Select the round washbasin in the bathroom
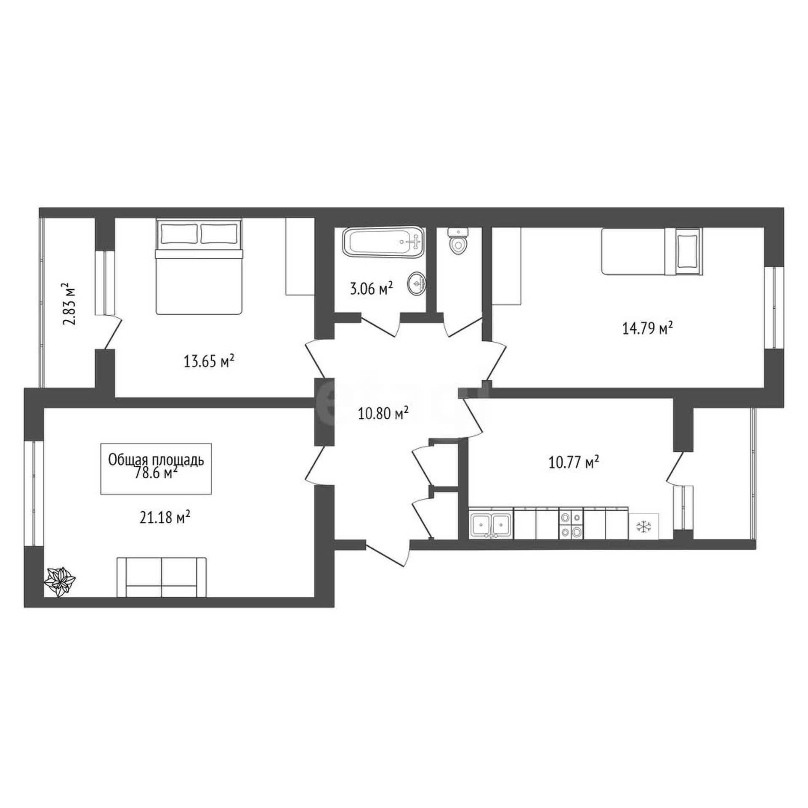tap(417, 284)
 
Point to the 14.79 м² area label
tap(647, 328)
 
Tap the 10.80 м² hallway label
tap(383, 414)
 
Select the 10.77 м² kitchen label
tap(574, 463)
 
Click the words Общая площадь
tap(156, 460)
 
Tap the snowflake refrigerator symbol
tap(644, 526)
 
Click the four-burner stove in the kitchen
tap(571, 525)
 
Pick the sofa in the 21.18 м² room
tap(162, 577)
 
